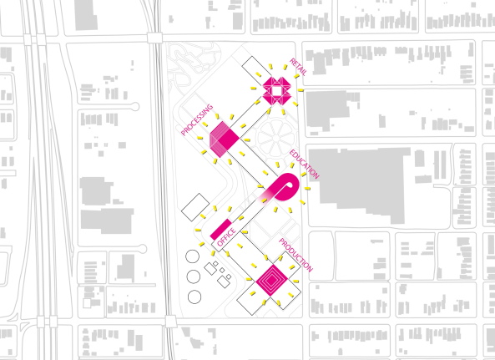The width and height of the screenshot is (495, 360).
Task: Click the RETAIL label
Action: pos(298,67)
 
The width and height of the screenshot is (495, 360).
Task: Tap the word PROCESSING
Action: pos(197,119)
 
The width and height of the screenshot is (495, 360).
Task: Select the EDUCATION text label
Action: pos(305,165)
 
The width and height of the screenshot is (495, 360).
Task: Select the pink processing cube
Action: pos(225,139)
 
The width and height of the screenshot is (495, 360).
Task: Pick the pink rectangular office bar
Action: pos(222,226)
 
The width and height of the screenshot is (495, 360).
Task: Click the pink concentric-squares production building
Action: pos(271,277)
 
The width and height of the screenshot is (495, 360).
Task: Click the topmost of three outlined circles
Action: pos(194,256)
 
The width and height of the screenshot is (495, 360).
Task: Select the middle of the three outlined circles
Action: pos(194,276)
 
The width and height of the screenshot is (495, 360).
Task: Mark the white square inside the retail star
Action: pos(275,89)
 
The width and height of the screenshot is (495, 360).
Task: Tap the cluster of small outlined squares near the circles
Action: pos(220,273)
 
